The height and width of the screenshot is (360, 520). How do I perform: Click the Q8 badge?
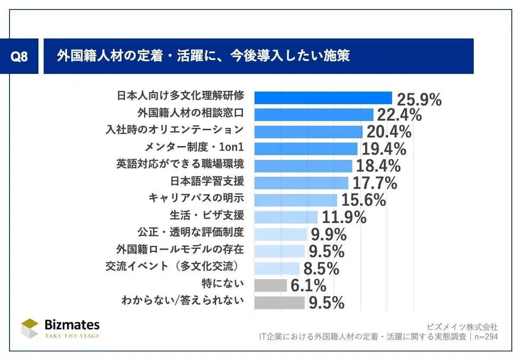coord(19,57)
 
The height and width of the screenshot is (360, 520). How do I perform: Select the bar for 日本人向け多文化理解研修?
coord(323,98)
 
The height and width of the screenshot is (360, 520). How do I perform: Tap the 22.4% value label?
coord(399,115)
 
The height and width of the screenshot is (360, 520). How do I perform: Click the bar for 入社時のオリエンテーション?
coord(308,132)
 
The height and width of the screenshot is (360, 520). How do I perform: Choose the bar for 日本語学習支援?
coord(301,183)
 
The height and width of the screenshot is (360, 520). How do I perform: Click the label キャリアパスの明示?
coord(196,198)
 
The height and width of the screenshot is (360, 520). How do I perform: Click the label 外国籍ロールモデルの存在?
coord(180,249)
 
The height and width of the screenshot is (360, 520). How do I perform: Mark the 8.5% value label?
coord(321,268)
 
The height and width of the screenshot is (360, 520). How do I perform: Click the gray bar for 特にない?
coord(270,285)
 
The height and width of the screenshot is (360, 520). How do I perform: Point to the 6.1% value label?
coord(308,285)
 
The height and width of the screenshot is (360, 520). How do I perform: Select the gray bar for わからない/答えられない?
coord(279,303)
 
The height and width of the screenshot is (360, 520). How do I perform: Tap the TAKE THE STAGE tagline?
coord(72,336)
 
